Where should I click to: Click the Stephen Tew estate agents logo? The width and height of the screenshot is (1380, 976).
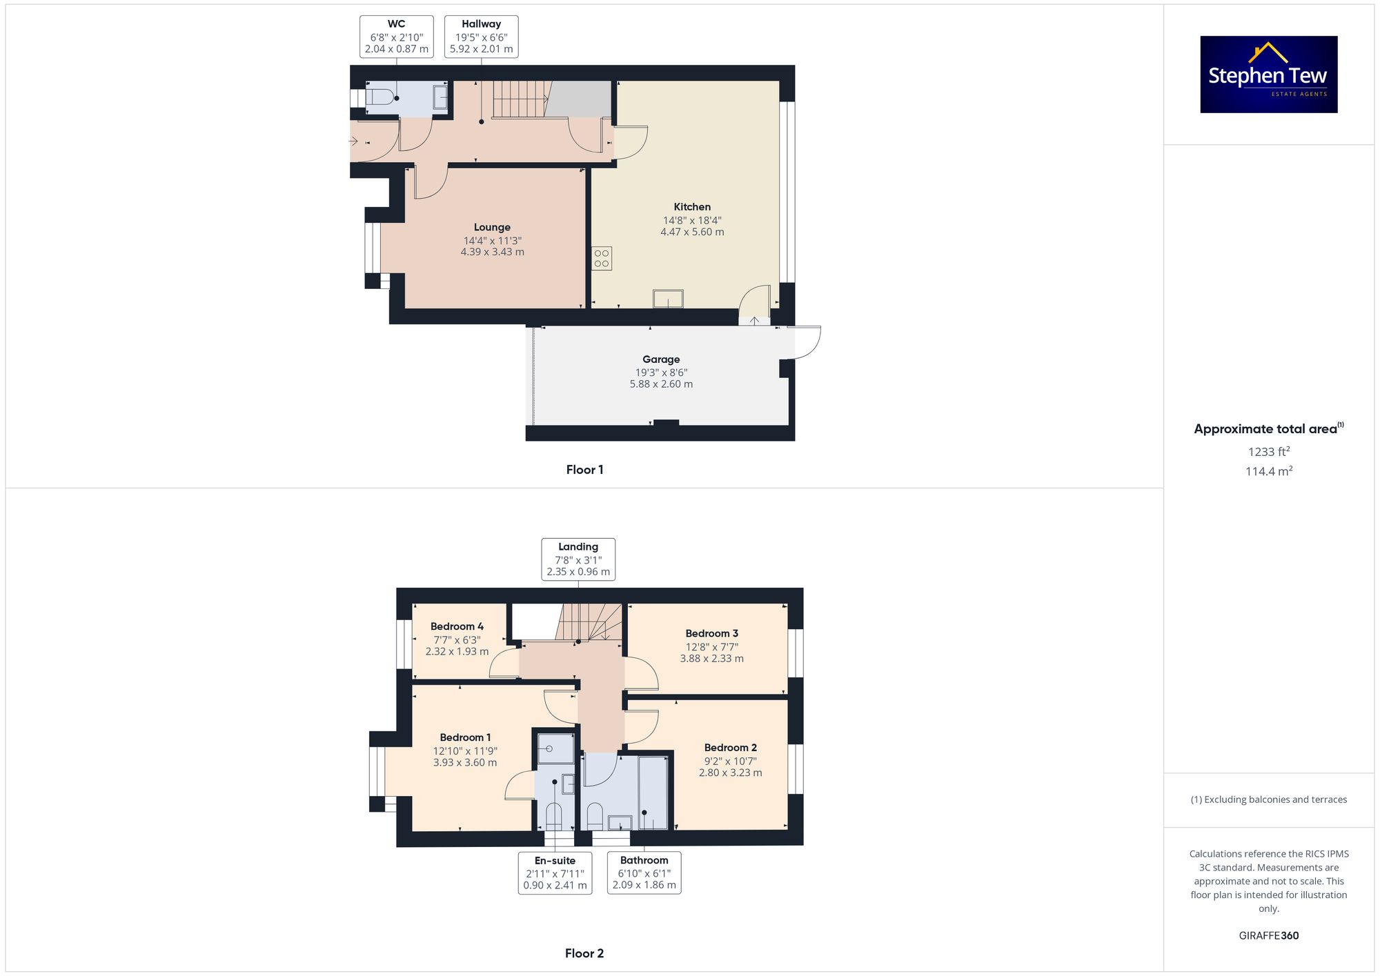click(1269, 74)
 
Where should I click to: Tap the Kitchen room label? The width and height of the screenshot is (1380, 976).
click(692, 207)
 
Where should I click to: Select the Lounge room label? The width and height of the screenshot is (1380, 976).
click(492, 227)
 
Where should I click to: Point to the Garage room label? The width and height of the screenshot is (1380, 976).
click(661, 359)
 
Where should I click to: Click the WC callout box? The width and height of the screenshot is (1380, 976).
click(397, 37)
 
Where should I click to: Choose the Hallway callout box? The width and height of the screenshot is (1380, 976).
click(482, 37)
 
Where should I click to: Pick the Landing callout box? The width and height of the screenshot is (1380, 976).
click(578, 559)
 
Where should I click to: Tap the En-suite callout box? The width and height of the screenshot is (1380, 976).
click(555, 873)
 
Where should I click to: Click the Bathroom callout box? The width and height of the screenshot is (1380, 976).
click(644, 873)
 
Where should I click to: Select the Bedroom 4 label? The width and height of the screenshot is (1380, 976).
click(457, 626)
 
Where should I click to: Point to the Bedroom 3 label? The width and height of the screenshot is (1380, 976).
click(712, 633)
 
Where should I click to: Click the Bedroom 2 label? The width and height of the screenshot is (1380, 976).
click(731, 748)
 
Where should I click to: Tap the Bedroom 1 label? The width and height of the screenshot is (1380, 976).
click(465, 737)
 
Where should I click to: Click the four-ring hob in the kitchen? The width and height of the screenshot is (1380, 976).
click(602, 259)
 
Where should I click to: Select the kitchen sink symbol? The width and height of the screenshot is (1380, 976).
click(668, 299)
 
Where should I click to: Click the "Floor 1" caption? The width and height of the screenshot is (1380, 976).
click(584, 470)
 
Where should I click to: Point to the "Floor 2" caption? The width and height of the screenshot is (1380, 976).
click(584, 953)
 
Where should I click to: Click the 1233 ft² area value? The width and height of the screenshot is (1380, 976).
click(1269, 452)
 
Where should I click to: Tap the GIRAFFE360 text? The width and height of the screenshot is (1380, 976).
click(1269, 936)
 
